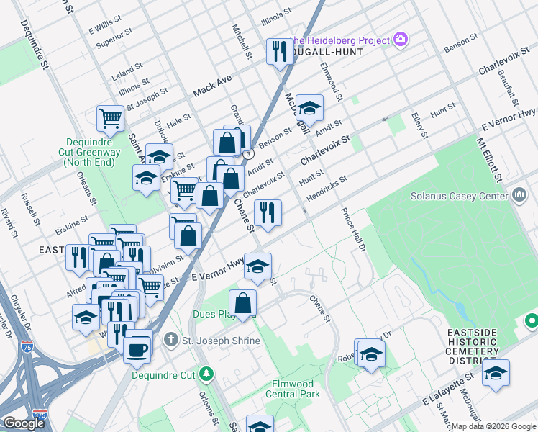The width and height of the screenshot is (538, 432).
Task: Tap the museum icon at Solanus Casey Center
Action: pyautogui.click(x=520, y=195)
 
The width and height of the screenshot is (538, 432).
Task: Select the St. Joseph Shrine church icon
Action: pyautogui.click(x=171, y=338)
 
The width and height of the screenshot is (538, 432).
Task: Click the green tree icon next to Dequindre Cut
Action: pyautogui.click(x=206, y=374)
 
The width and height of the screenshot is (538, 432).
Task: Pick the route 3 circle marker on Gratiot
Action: pyautogui.click(x=247, y=154)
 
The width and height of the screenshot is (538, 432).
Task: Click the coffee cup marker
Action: pyautogui.click(x=137, y=349)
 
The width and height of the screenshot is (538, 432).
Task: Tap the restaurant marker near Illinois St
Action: pyautogui.click(x=278, y=51)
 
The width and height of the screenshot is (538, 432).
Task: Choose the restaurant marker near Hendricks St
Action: pyautogui.click(x=268, y=212)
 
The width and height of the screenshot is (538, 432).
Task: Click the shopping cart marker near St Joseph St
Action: pyautogui.click(x=110, y=117)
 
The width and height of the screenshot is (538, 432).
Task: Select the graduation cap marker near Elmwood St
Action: pyautogui.click(x=310, y=108)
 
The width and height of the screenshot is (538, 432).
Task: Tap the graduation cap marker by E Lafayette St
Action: pyautogui.click(x=496, y=372)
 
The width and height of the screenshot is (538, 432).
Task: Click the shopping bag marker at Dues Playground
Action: pyautogui.click(x=243, y=302)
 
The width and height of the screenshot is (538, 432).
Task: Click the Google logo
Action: pyautogui.click(x=24, y=423)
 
